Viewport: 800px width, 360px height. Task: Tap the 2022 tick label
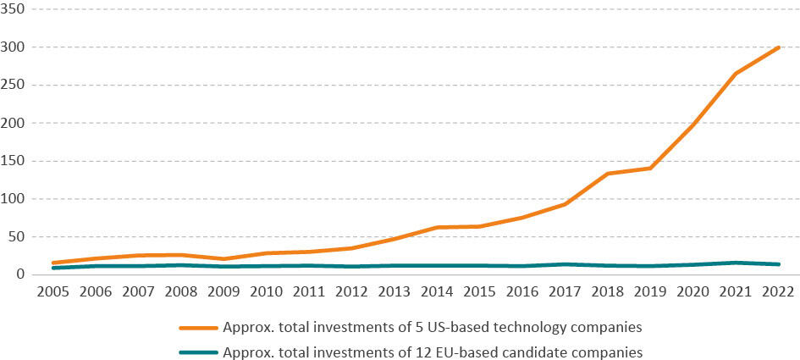[x=778, y=291]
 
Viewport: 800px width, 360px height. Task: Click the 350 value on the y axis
[x=14, y=9]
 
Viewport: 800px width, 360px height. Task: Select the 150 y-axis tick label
[x=14, y=161]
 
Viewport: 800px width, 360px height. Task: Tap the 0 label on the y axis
[x=22, y=274]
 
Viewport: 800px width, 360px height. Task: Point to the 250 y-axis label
[x=14, y=85]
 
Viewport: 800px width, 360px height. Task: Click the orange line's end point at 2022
[x=778, y=47]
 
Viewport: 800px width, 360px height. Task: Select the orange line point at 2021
[x=736, y=74]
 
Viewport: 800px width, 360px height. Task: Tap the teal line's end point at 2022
[x=778, y=264]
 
